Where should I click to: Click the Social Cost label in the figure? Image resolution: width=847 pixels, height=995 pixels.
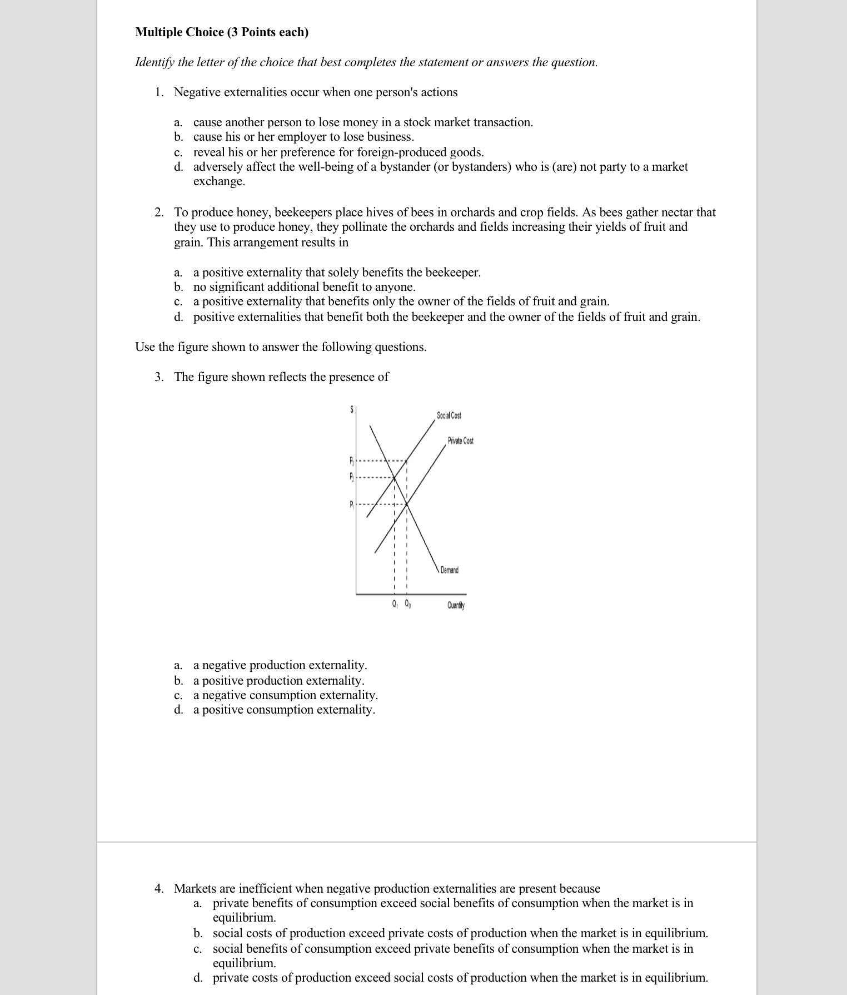click(x=449, y=415)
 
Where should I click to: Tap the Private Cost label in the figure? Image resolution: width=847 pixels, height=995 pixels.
click(x=460, y=441)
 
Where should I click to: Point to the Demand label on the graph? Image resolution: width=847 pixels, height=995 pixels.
click(x=449, y=570)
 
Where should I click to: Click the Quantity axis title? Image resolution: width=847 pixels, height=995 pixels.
click(x=456, y=605)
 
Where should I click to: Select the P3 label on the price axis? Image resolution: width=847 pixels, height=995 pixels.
click(x=351, y=461)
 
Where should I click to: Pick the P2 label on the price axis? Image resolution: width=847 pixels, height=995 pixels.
click(x=351, y=477)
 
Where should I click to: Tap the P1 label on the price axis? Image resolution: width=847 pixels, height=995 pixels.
click(x=351, y=504)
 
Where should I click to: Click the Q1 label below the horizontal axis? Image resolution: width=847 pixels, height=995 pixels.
click(x=395, y=604)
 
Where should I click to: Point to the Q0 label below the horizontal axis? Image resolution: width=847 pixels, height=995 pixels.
click(x=408, y=604)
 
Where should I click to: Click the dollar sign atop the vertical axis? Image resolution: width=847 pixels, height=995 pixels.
click(x=352, y=409)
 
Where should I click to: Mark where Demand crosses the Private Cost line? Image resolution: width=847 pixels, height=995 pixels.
click(x=407, y=504)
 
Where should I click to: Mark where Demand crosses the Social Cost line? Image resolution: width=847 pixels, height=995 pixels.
click(x=394, y=477)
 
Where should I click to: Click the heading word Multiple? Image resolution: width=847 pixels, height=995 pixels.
click(x=159, y=32)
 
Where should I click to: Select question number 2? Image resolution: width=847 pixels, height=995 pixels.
click(x=159, y=212)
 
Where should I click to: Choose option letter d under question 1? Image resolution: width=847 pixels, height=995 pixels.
click(x=178, y=167)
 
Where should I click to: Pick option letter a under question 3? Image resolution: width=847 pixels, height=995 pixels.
click(x=178, y=666)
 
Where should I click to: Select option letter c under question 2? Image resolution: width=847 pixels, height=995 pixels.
click(x=178, y=302)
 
